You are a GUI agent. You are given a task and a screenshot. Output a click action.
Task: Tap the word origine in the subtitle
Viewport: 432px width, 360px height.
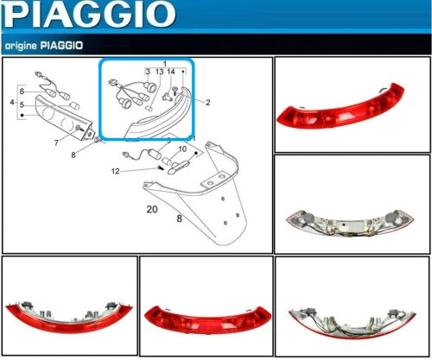point(23,44)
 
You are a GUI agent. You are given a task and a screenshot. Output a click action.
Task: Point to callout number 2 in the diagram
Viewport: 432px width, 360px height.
point(207,102)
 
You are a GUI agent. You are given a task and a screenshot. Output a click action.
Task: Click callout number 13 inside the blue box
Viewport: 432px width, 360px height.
point(159,72)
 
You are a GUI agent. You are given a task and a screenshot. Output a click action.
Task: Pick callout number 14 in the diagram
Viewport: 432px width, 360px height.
point(172,72)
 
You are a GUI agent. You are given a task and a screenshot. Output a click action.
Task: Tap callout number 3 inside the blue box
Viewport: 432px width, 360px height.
point(148,72)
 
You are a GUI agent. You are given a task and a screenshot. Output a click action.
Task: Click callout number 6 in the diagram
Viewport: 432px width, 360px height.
point(22,92)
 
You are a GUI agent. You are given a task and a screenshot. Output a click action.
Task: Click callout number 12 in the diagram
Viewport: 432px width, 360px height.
point(116,170)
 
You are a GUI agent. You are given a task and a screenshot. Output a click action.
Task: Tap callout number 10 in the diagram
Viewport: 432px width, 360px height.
point(182,149)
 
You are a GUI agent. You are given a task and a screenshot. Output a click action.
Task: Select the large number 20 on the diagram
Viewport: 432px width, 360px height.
point(152,209)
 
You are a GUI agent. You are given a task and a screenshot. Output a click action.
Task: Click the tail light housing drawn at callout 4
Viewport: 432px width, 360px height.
point(60,112)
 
